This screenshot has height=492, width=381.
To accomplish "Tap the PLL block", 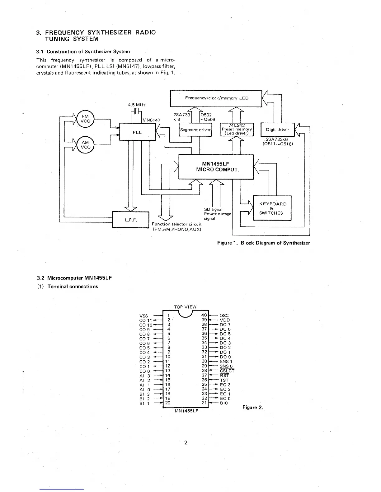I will (137, 132).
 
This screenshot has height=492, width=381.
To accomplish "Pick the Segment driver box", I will (195, 130).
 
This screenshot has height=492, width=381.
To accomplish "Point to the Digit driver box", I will (277, 130).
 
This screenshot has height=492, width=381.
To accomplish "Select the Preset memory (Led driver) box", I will (237, 130).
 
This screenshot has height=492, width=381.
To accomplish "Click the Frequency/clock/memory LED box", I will (216, 98).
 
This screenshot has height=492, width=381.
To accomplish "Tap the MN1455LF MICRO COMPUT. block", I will (216, 167).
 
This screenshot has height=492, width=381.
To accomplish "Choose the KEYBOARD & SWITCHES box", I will (272, 208).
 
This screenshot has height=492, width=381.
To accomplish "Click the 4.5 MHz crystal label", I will (137, 105).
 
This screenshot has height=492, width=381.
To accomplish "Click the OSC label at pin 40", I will (224, 316).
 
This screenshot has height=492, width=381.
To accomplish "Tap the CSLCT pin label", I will (227, 371).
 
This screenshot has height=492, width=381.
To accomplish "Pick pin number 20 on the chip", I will (167, 403).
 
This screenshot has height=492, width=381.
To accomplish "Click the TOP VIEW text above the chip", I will (185, 307).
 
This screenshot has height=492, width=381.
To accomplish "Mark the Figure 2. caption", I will (252, 408).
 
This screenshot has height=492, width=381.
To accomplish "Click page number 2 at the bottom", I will (186, 443).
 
